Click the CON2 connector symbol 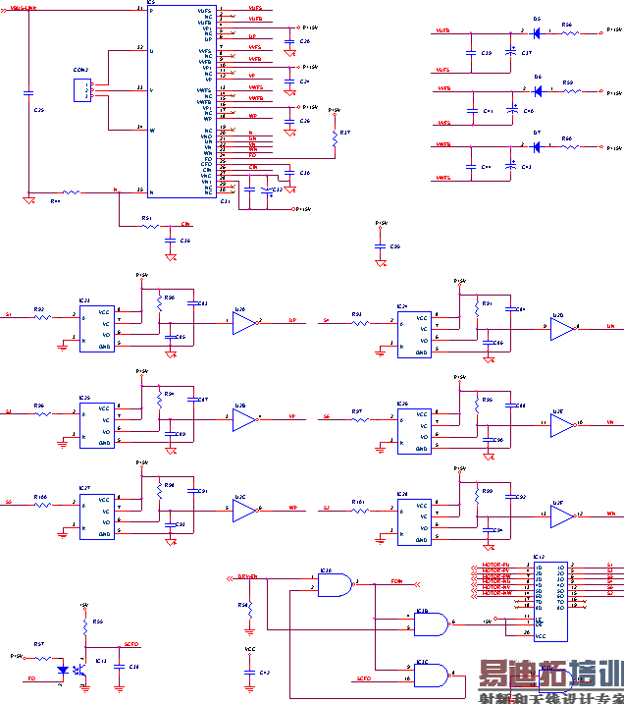pyautogui.click(x=80, y=89)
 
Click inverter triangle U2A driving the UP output pyautogui.click(x=244, y=321)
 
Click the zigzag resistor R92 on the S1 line pyautogui.click(x=40, y=316)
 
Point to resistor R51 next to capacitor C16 pyautogui.click(x=148, y=226)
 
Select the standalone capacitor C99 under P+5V pyautogui.click(x=381, y=247)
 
